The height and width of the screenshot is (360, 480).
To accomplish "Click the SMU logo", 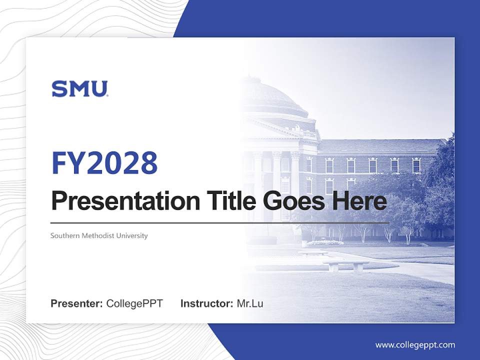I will [x=79, y=89].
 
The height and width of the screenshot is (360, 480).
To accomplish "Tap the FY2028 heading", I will [x=104, y=162].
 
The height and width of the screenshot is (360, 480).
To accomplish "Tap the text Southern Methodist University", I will [x=99, y=235].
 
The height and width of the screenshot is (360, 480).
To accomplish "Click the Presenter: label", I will [x=77, y=303].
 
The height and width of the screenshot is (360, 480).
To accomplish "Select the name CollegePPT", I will [x=134, y=303].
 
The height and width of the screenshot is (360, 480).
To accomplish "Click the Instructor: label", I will [x=206, y=303].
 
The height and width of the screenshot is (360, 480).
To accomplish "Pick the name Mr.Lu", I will [x=250, y=303].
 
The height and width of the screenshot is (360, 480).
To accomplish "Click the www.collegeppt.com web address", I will [x=415, y=344].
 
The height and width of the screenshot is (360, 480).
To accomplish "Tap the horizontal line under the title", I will [x=220, y=222].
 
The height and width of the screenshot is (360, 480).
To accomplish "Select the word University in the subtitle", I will [x=132, y=235].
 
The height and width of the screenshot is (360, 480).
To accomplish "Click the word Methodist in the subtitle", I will [x=96, y=235].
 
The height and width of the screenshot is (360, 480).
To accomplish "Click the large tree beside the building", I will [x=437, y=185].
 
